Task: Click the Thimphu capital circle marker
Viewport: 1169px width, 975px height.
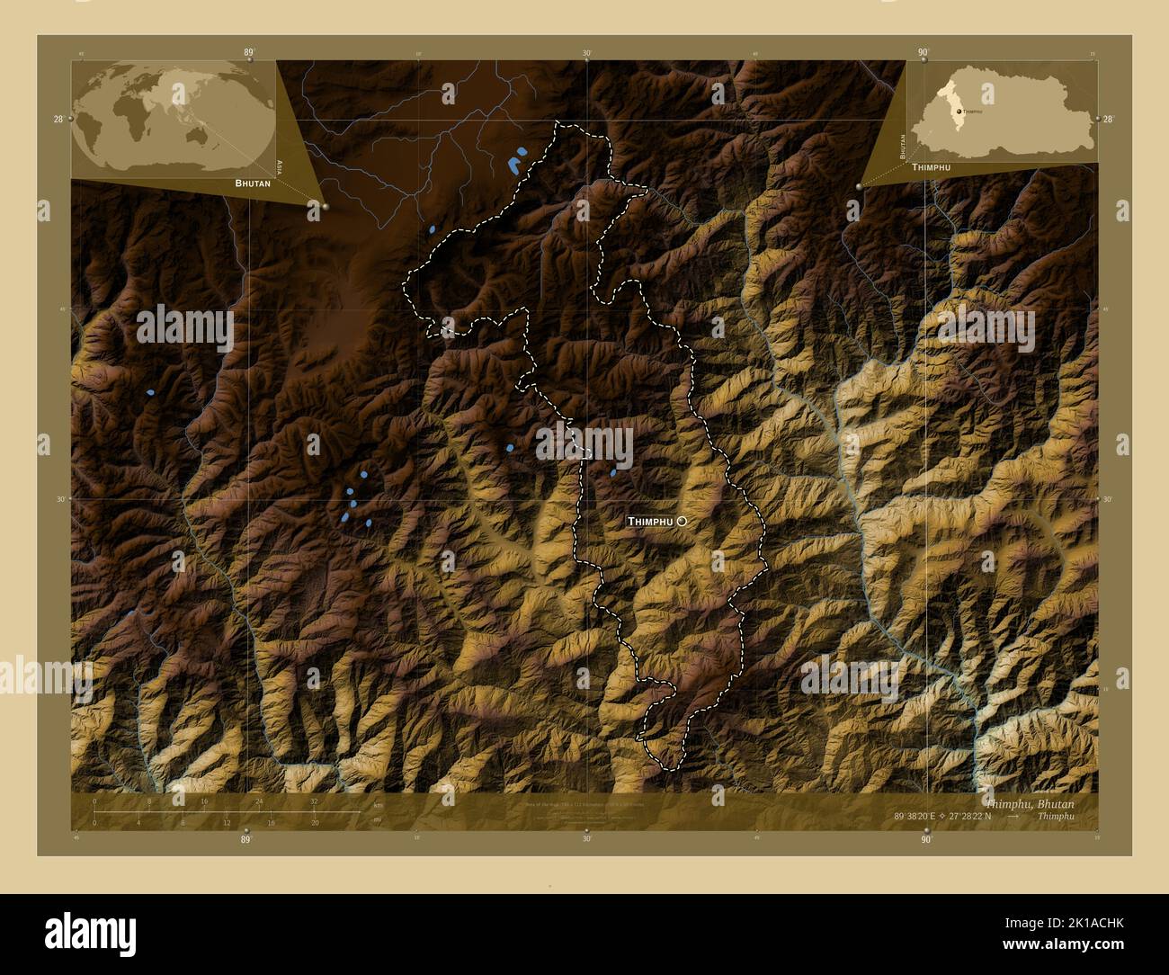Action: click(682, 521)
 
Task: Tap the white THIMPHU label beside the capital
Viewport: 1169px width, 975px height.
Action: click(649, 522)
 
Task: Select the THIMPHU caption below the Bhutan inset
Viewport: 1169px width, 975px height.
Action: click(931, 168)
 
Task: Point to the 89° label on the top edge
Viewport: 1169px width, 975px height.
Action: click(249, 52)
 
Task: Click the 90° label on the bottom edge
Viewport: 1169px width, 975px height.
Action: click(926, 839)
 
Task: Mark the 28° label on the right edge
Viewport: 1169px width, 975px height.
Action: click(1108, 119)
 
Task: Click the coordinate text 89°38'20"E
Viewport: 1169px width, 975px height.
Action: click(914, 816)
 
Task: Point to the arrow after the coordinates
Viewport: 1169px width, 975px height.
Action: click(1013, 816)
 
